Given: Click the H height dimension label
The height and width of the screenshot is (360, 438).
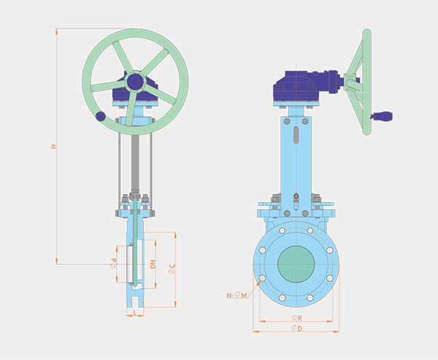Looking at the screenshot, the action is pos(53,146).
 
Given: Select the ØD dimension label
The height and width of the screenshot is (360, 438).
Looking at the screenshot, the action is pos(296,328).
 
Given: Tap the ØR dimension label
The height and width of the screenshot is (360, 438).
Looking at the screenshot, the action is pos(296,318).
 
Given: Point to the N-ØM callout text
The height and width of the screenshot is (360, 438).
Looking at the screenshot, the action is pos(237,295).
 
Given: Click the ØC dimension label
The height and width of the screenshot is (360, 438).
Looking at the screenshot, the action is pos(172,269).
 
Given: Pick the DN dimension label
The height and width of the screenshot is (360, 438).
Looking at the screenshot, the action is pos(153,264).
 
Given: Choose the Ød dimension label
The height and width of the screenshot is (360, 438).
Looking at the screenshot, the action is pos(113,264).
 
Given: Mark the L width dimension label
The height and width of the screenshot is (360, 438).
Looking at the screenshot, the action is pos(135,313).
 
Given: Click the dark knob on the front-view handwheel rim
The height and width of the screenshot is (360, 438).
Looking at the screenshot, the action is pos(101,116).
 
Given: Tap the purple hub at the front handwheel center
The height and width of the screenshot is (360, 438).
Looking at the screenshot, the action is pos(135,82).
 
